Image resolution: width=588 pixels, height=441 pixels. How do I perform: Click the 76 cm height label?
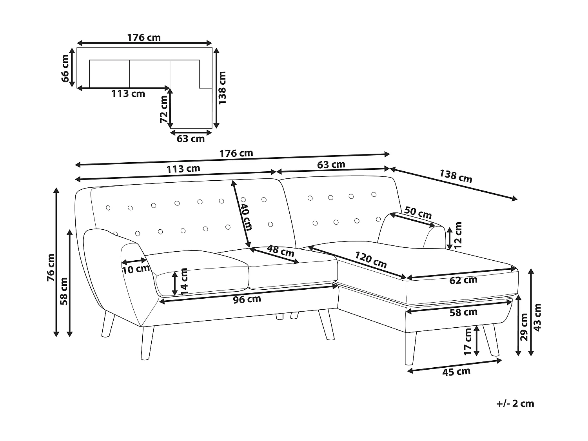51,268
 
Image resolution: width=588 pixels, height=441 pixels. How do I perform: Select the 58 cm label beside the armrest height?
64,291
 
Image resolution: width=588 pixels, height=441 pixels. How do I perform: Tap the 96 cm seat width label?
247,299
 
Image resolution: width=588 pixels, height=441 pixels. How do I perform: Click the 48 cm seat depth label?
280,251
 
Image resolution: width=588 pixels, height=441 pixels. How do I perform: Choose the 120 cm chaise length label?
371,260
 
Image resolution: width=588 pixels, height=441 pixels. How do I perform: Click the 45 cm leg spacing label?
456,372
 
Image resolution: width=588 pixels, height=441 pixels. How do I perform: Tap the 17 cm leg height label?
468,341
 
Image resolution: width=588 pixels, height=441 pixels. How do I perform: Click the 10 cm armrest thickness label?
136,269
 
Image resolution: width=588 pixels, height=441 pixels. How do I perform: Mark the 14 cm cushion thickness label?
184,281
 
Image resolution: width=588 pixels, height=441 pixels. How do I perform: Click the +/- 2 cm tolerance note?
515,403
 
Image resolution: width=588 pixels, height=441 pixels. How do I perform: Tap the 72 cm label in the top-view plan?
164,109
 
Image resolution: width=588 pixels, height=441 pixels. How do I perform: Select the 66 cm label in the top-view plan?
65,68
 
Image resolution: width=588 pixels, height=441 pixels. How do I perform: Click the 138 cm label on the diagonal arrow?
456,176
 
